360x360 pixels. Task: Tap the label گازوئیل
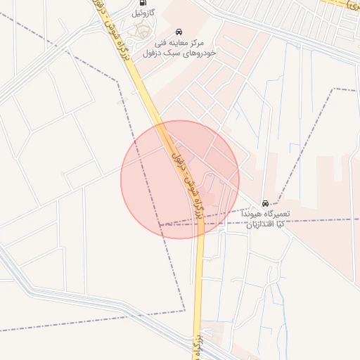point(143,13)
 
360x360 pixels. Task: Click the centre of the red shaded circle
point(180,179)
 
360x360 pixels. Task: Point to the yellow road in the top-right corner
point(345,6)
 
